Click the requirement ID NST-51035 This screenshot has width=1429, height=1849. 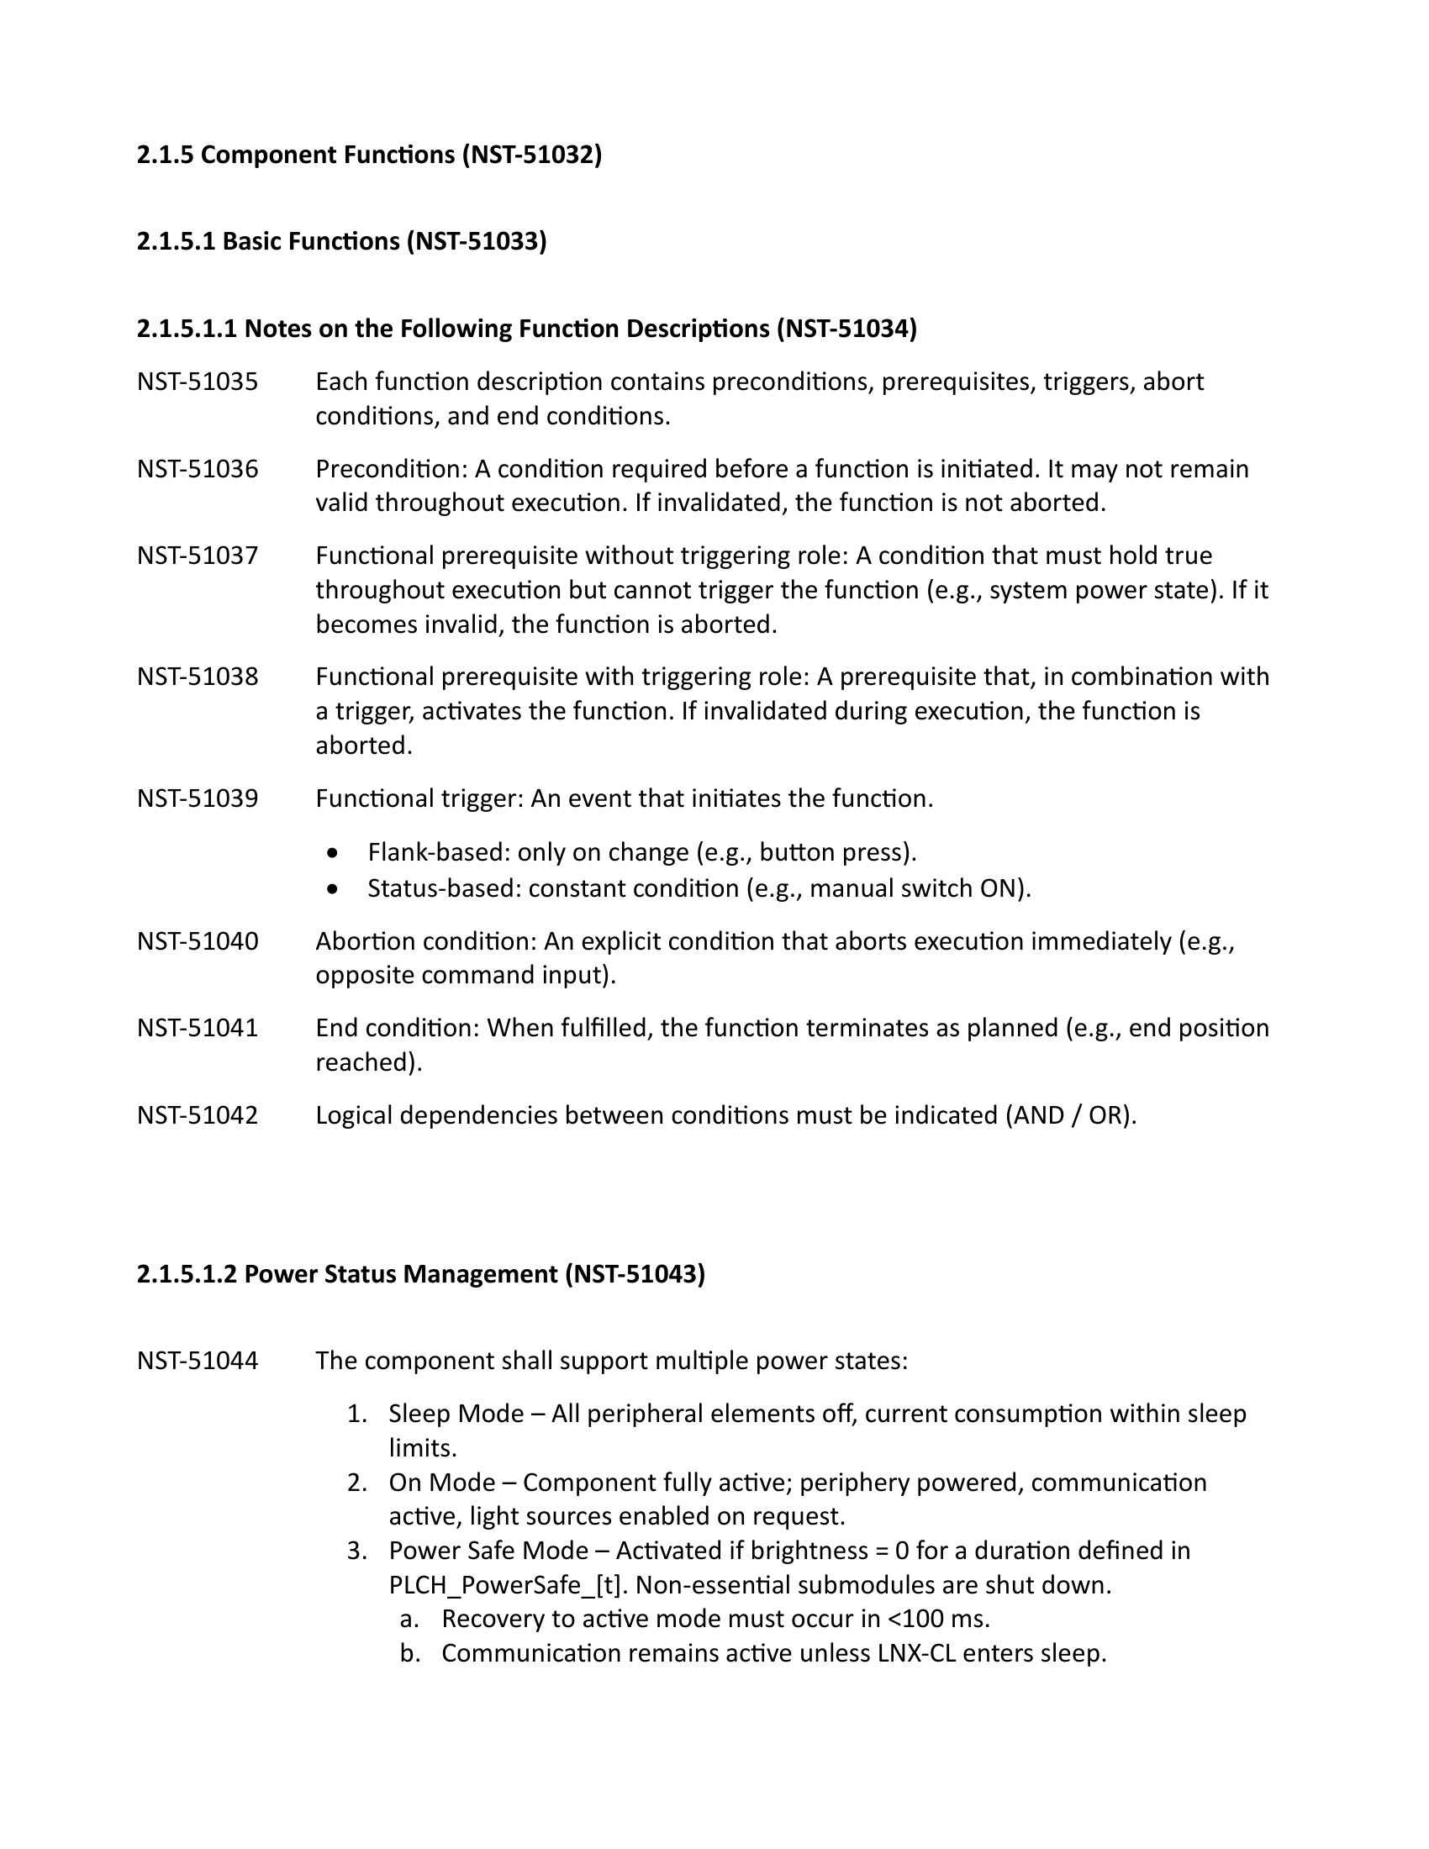198,382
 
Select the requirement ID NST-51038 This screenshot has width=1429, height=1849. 198,677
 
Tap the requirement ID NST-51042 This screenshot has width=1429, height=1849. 198,1116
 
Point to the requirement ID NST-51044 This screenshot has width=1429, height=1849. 198,1361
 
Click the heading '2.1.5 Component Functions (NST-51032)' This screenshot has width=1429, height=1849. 369,155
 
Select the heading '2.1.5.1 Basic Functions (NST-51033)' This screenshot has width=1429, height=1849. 341,242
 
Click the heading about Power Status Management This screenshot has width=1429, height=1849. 421,1274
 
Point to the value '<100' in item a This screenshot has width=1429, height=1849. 915,1619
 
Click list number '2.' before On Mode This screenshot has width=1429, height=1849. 356,1483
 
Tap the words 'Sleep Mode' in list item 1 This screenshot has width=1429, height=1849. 456,1414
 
